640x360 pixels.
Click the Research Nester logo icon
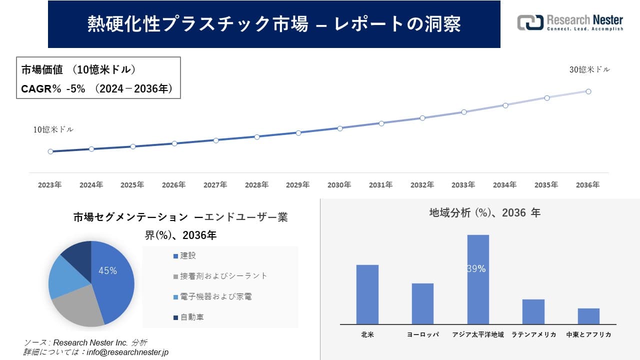click(x=530, y=22)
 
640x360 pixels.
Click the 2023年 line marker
click(x=50, y=151)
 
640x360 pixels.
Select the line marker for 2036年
click(x=588, y=91)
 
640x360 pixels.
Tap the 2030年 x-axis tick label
click(x=339, y=185)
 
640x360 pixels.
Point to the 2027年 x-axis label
click(x=215, y=185)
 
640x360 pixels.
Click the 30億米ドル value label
click(x=589, y=70)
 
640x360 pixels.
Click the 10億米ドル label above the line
click(x=53, y=129)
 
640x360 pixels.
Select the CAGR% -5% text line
click(x=97, y=89)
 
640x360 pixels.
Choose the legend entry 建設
click(x=188, y=255)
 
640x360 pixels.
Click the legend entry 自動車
click(x=191, y=317)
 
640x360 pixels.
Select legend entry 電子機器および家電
click(x=215, y=296)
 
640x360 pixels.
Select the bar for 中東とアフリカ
click(x=588, y=316)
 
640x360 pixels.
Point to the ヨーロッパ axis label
click(x=422, y=334)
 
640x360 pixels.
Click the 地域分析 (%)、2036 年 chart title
click(x=484, y=213)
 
